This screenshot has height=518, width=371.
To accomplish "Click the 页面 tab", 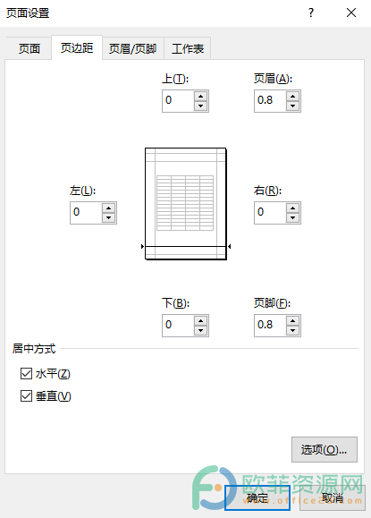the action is (29, 48).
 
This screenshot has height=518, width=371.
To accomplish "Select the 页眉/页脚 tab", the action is (132, 48).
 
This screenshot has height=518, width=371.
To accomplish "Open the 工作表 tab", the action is (188, 48).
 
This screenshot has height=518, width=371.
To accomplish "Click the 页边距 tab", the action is (77, 48).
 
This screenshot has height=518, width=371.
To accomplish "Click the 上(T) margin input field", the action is (178, 100).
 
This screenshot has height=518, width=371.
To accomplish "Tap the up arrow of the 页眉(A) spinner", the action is (292, 96).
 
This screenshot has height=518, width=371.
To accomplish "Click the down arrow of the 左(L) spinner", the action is (108, 217).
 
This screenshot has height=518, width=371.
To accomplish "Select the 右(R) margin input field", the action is (270, 212).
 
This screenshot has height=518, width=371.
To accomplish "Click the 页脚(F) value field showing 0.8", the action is (270, 325).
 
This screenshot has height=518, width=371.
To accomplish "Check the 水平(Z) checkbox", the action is (26, 374).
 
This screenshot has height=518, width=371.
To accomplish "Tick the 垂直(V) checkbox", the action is (26, 395).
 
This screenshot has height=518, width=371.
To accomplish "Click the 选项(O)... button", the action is (325, 449).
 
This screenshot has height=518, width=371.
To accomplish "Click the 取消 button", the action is (332, 497).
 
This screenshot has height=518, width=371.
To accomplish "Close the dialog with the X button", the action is (351, 13).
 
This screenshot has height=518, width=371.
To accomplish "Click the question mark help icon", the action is (311, 13).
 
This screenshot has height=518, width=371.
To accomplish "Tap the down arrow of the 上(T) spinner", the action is (200, 106).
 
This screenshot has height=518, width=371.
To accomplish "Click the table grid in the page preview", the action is (185, 203).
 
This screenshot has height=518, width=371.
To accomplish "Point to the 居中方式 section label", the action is (34, 349).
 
